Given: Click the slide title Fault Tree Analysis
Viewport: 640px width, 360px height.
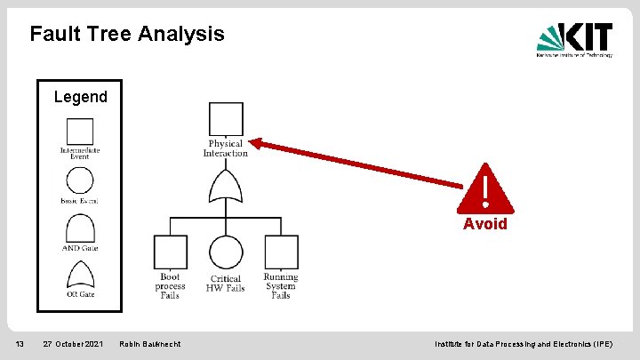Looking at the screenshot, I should click(127, 35).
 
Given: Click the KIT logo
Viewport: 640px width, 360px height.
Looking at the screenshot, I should click(573, 39).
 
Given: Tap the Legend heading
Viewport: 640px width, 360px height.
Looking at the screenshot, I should click(80, 97).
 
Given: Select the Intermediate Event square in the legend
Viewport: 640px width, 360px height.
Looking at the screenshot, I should click(80, 132).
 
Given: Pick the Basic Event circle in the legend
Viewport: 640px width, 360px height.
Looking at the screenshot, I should click(80, 180).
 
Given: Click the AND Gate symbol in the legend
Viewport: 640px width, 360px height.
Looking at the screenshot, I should click(80, 229).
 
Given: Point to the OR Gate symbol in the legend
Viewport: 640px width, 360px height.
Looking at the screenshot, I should click(80, 275).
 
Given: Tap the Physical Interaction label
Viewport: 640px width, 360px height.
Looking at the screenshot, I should click(226, 148).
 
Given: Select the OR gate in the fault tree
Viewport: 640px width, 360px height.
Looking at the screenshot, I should click(226, 188).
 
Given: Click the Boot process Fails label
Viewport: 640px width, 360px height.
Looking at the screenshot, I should click(170, 285).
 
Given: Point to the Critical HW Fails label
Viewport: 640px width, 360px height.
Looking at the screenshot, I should click(226, 284).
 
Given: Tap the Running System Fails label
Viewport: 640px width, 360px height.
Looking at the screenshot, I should click(281, 285).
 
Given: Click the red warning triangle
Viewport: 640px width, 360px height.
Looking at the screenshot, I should click(484, 189).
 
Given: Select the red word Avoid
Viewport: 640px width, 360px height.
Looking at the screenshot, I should click(485, 224).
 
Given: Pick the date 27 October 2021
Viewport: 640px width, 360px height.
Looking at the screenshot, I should click(73, 344).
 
